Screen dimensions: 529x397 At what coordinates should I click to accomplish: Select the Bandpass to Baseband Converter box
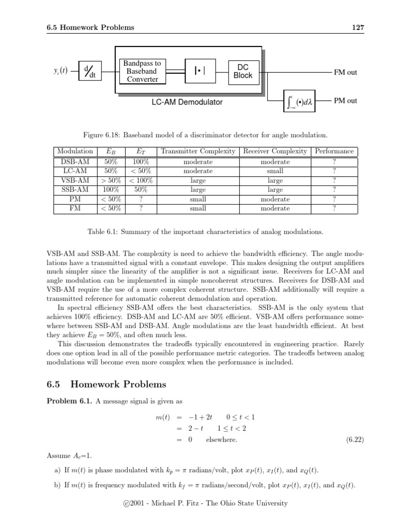coord(142,71)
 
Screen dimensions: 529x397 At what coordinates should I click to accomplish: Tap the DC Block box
coord(243,71)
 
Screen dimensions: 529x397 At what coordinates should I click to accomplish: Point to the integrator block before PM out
coord(301,101)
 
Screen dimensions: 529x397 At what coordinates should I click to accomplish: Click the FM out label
coord(345,72)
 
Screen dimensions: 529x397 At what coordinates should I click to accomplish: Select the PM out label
coord(345,101)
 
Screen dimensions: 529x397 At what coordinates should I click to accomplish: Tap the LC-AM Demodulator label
coord(187,102)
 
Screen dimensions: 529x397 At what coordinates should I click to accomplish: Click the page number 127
coord(359,27)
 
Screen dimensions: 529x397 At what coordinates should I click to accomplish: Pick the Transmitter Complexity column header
coord(198,151)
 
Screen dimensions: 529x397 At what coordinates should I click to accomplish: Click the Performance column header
coord(334,151)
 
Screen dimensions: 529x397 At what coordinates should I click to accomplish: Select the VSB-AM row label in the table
coord(75,180)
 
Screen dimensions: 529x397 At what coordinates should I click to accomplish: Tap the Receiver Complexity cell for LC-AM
coord(275,171)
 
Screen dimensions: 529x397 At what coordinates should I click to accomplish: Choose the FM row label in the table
coord(75,208)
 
